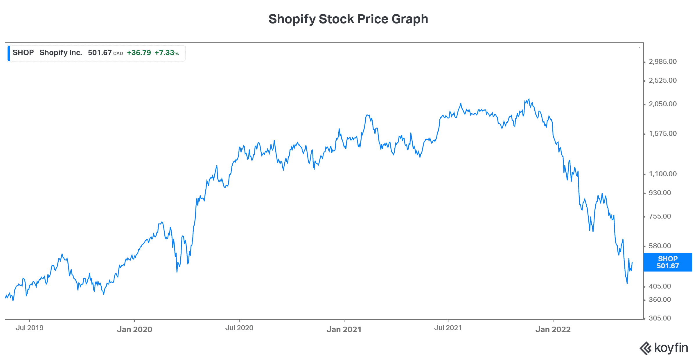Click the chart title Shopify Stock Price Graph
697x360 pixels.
[x=348, y=19]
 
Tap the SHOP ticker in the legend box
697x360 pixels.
[x=23, y=53]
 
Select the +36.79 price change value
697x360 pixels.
[x=139, y=53]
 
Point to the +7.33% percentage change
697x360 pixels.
[x=166, y=53]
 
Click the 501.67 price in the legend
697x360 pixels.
[x=100, y=53]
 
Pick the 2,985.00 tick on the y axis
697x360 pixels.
[x=662, y=62]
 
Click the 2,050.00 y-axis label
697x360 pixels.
[x=662, y=104]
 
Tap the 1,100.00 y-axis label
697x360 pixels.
[x=662, y=174]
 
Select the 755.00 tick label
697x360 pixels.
[x=660, y=216]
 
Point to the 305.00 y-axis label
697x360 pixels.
[x=660, y=318]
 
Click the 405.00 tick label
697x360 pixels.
[x=660, y=286]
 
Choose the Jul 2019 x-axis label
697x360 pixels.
[x=29, y=328]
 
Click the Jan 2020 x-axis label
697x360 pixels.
[x=134, y=330]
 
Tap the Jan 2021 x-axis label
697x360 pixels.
[x=344, y=330]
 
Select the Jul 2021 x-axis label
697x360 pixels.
[x=448, y=328]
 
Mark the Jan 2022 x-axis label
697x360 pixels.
[x=553, y=330]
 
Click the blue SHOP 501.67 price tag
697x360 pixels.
[x=668, y=262]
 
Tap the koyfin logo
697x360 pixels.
[x=664, y=348]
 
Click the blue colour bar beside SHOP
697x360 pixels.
[x=9, y=53]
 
